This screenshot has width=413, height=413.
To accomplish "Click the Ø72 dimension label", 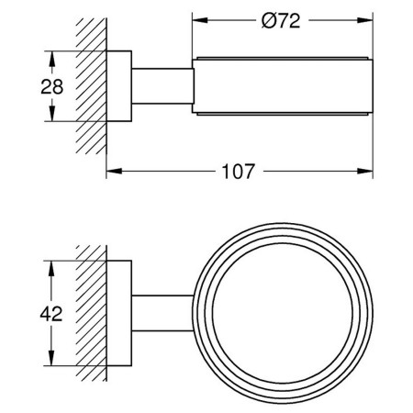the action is point(281,21).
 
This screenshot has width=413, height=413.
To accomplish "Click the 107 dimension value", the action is point(239,172).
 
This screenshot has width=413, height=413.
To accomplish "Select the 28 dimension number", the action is point(52,86).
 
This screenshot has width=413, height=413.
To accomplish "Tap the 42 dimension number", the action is point(51,314).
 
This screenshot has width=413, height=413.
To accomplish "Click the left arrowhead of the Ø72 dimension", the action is point(200,20).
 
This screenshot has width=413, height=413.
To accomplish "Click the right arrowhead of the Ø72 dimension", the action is point(365,20).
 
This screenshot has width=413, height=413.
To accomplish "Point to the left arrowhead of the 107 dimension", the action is point(114,171).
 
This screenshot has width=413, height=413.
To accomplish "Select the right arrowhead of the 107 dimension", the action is point(365,171).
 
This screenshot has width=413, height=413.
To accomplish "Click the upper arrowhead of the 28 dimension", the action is point(52,59).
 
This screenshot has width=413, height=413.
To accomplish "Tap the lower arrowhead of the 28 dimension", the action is point(52,114).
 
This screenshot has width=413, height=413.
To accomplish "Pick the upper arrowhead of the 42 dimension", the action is point(51,269).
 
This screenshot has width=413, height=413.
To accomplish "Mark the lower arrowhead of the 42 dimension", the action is point(51,358).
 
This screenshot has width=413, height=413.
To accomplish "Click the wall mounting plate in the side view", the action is point(119,86).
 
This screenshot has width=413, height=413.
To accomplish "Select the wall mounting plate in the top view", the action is point(119,313).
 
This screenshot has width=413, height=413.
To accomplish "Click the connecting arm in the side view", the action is point(162,86).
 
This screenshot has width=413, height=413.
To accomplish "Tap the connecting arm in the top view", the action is point(162,313).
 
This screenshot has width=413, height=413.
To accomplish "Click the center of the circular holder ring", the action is point(283,313).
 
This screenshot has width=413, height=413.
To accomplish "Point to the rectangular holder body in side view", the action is point(283,86).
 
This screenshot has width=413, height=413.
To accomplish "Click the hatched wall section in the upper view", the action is point(91,86).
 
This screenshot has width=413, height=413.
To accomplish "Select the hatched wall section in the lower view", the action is point(91,313).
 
